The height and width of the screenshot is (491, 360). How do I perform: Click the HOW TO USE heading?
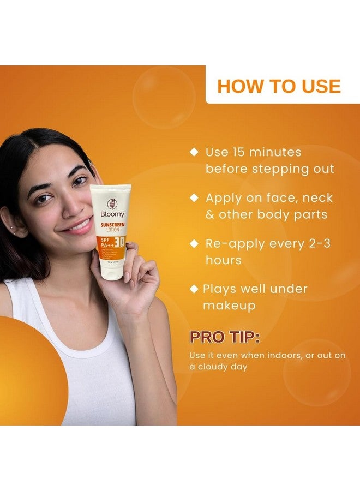click(279, 86)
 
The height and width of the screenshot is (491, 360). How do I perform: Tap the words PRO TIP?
click(224, 337)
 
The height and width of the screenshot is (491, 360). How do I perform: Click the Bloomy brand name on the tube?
click(112, 214)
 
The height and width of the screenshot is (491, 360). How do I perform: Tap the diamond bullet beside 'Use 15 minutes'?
click(194, 152)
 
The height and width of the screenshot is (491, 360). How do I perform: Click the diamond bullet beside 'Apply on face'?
click(194, 198)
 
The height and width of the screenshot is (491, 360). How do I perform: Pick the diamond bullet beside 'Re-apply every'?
click(194, 244)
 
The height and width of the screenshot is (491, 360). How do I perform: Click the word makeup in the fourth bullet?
click(229, 306)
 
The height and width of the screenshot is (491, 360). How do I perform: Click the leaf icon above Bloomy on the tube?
click(112, 203)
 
